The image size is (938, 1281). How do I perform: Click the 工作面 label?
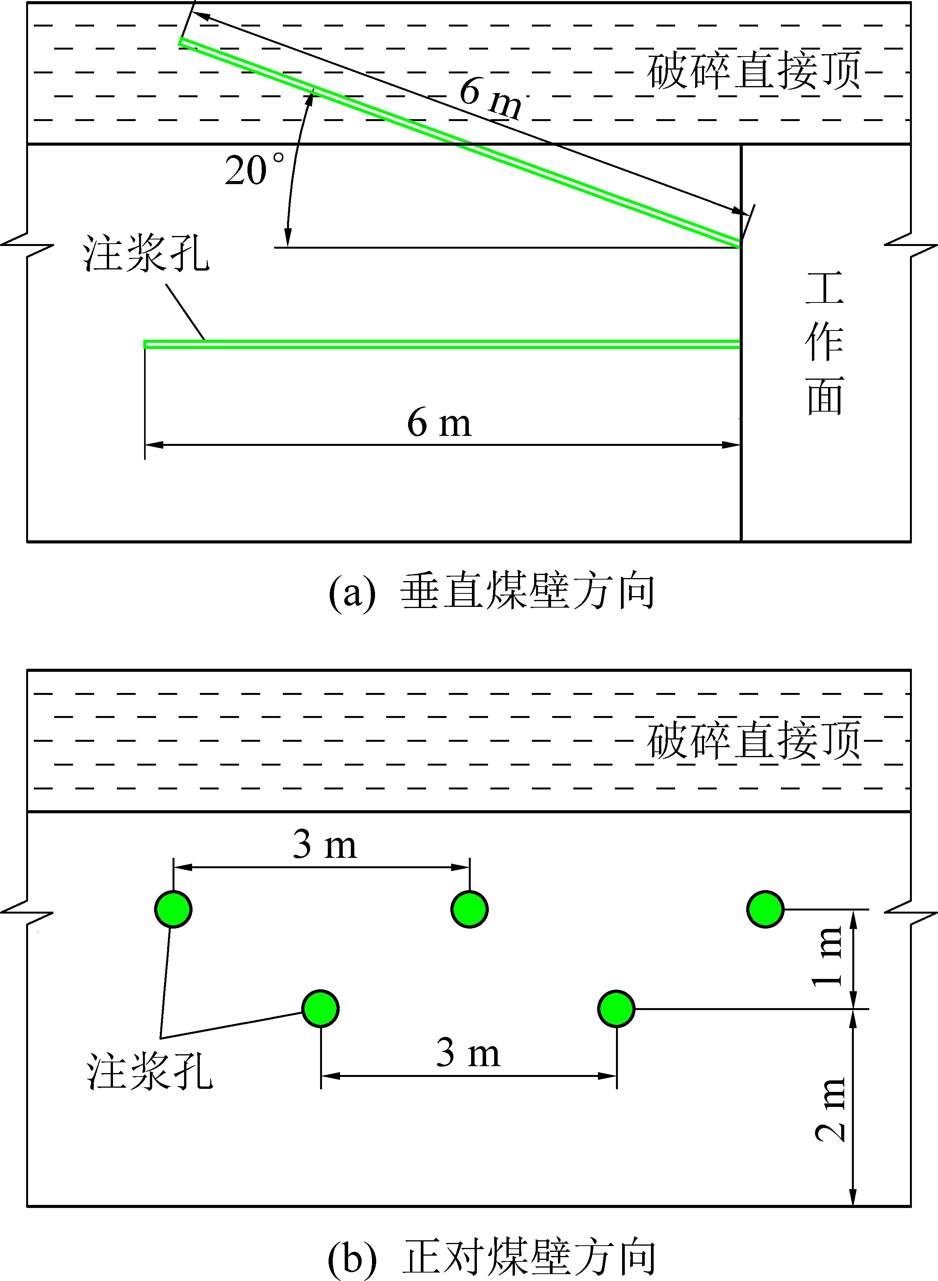pyautogui.click(x=824, y=344)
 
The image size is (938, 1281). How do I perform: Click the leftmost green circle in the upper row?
pyautogui.click(x=173, y=909)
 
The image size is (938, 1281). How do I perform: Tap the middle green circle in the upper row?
pyautogui.click(x=470, y=909)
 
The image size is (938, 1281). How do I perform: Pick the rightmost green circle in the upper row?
pyautogui.click(x=765, y=909)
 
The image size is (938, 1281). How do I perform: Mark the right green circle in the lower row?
pyautogui.click(x=617, y=1009)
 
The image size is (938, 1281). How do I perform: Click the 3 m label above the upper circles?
pyautogui.click(x=325, y=845)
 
